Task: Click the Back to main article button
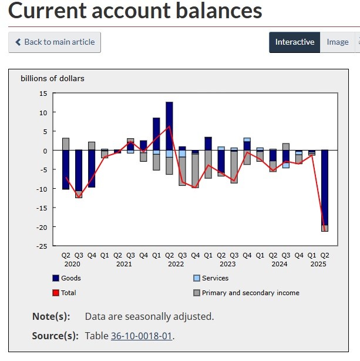point(55,42)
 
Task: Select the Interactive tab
point(294,42)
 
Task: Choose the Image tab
point(337,42)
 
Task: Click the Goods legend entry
point(70,278)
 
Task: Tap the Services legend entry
point(214,278)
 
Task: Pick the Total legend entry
point(68,292)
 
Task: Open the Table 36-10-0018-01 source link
point(141,336)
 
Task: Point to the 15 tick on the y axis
point(42,93)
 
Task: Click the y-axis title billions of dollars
point(52,78)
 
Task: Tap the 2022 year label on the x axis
point(176,264)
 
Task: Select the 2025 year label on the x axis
point(318,264)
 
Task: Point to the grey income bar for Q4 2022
point(195,171)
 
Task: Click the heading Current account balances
point(136,11)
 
